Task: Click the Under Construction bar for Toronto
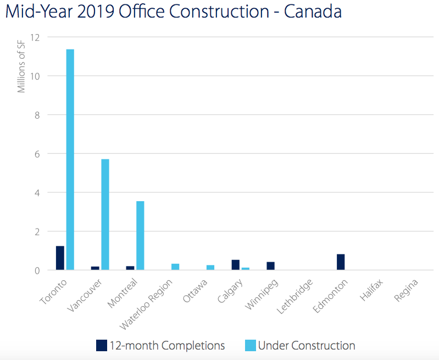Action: click(x=70, y=159)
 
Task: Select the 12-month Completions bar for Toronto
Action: click(x=60, y=258)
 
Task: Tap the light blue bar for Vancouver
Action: click(x=105, y=214)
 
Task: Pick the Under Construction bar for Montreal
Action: click(x=140, y=235)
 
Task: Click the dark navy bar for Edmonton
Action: click(x=341, y=262)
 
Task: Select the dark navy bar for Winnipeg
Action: click(x=270, y=266)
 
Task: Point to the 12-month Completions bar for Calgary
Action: click(x=235, y=265)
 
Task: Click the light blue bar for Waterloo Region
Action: click(x=175, y=267)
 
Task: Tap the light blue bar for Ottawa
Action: click(x=210, y=268)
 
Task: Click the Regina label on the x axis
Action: click(x=407, y=291)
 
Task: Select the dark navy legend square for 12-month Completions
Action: click(x=102, y=346)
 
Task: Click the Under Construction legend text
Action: click(x=307, y=346)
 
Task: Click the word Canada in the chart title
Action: click(x=313, y=12)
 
